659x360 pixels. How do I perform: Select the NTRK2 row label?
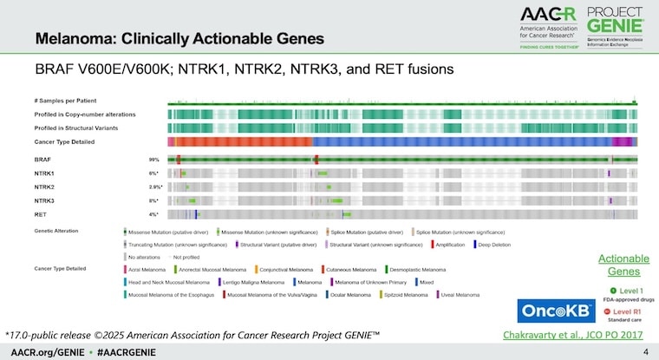tap(43, 187)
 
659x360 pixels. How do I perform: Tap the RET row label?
tap(40, 213)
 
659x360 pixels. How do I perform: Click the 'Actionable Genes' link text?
tap(623, 265)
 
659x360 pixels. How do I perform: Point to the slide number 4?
tap(644, 352)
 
